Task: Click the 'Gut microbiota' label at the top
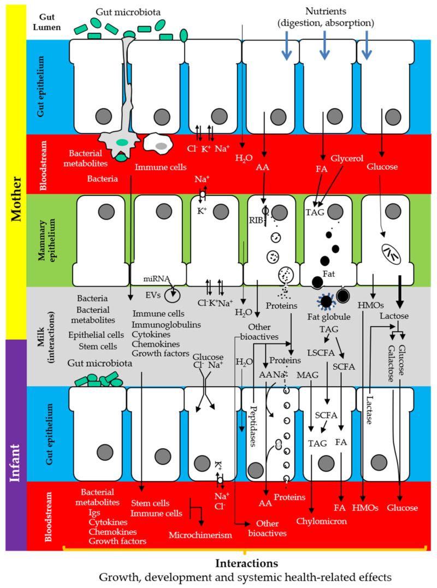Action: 128,11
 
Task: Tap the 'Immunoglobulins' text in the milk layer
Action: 166,324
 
